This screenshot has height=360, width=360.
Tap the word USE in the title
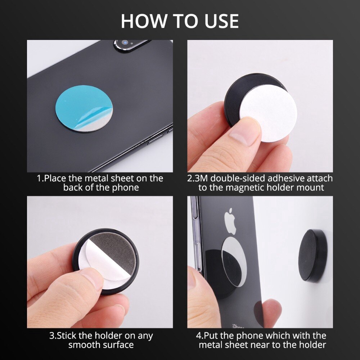(221, 21)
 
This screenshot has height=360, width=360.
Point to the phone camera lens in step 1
(125, 42)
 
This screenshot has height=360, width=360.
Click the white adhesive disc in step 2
(269, 112)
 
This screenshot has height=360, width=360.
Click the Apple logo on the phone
(230, 221)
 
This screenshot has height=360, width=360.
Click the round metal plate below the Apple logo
(234, 262)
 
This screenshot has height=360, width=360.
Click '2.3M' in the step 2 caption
(198, 179)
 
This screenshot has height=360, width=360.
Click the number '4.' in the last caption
(200, 336)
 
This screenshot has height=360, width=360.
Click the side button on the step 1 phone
(155, 139)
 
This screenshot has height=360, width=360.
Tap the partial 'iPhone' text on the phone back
(238, 326)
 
